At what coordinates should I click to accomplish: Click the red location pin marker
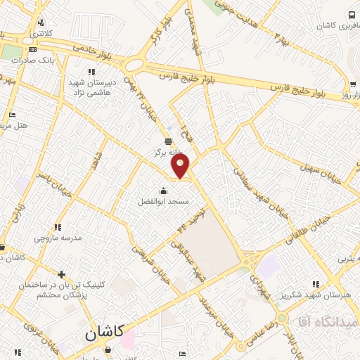[181, 166]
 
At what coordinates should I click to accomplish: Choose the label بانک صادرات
[33, 60]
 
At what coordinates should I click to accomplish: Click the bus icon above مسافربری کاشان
[351, 15]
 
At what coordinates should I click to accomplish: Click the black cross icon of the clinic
[63, 274]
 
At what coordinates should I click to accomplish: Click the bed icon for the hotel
[12, 115]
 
